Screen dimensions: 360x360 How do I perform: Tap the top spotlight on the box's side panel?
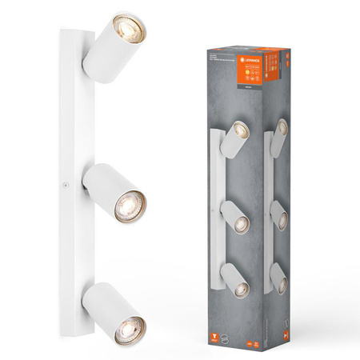278,134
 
